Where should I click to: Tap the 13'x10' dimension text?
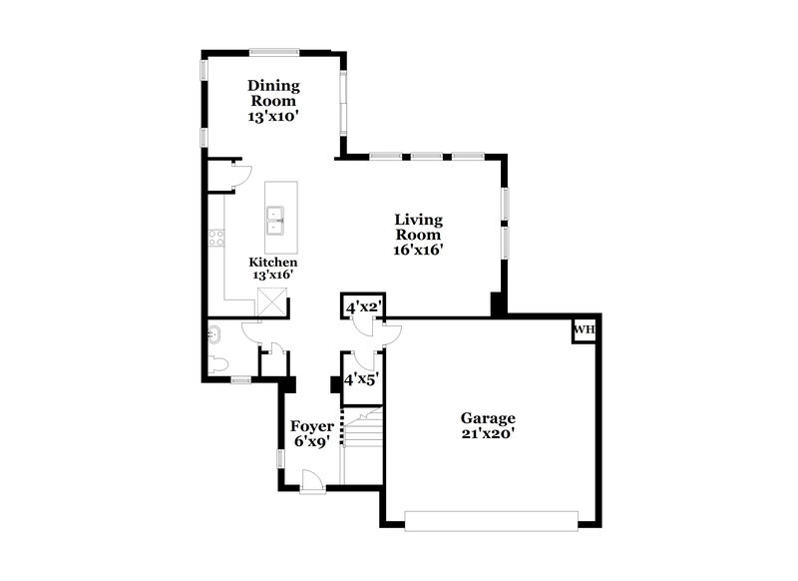click(273, 116)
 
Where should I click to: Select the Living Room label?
click(418, 228)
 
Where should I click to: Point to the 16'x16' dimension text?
click(418, 252)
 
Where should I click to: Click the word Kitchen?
click(272, 262)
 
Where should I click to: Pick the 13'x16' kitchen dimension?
click(271, 275)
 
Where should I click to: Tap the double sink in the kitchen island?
click(275, 220)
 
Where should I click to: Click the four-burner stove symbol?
click(214, 239)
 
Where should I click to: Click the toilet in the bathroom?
click(220, 363)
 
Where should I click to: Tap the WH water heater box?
click(584, 330)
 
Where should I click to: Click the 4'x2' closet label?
click(364, 307)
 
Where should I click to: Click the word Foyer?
click(311, 426)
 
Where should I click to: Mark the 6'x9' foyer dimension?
click(311, 443)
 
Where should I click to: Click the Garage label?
click(488, 418)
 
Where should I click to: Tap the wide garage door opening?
click(491, 519)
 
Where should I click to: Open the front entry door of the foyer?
click(312, 483)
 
